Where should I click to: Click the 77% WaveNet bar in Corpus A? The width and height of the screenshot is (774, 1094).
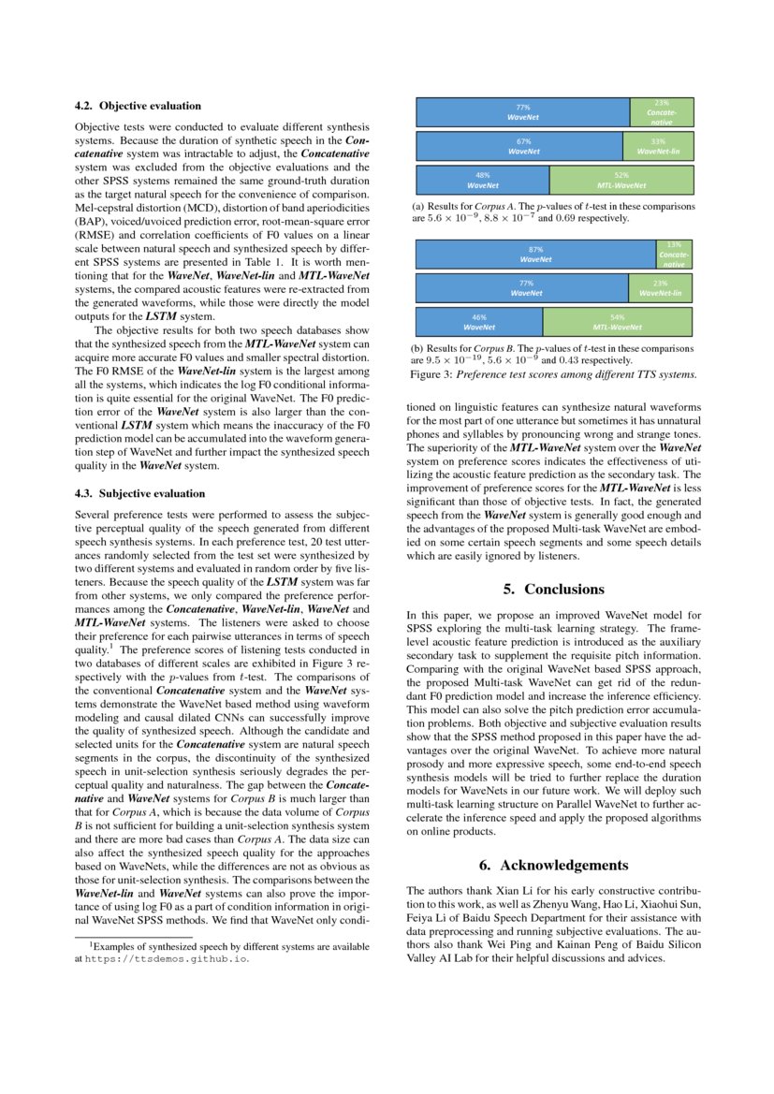(x=522, y=112)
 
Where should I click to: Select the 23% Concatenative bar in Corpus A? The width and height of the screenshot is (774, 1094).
(x=661, y=112)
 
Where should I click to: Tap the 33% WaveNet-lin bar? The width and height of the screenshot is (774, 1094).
(x=657, y=146)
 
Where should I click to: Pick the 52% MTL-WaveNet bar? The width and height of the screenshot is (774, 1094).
(x=621, y=180)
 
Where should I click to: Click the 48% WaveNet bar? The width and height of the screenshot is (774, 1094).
(x=482, y=180)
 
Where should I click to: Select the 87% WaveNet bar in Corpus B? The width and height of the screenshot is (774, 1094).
(x=535, y=255)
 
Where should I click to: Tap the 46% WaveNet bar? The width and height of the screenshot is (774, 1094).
(x=478, y=323)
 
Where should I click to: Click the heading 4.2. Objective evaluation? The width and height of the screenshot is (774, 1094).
(x=137, y=106)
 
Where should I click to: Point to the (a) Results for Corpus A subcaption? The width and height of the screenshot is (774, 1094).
(x=552, y=212)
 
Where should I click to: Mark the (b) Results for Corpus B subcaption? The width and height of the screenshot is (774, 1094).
(x=552, y=354)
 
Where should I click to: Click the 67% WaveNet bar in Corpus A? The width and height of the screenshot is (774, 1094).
(x=518, y=146)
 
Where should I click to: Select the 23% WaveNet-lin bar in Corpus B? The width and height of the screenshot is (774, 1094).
(x=660, y=288)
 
